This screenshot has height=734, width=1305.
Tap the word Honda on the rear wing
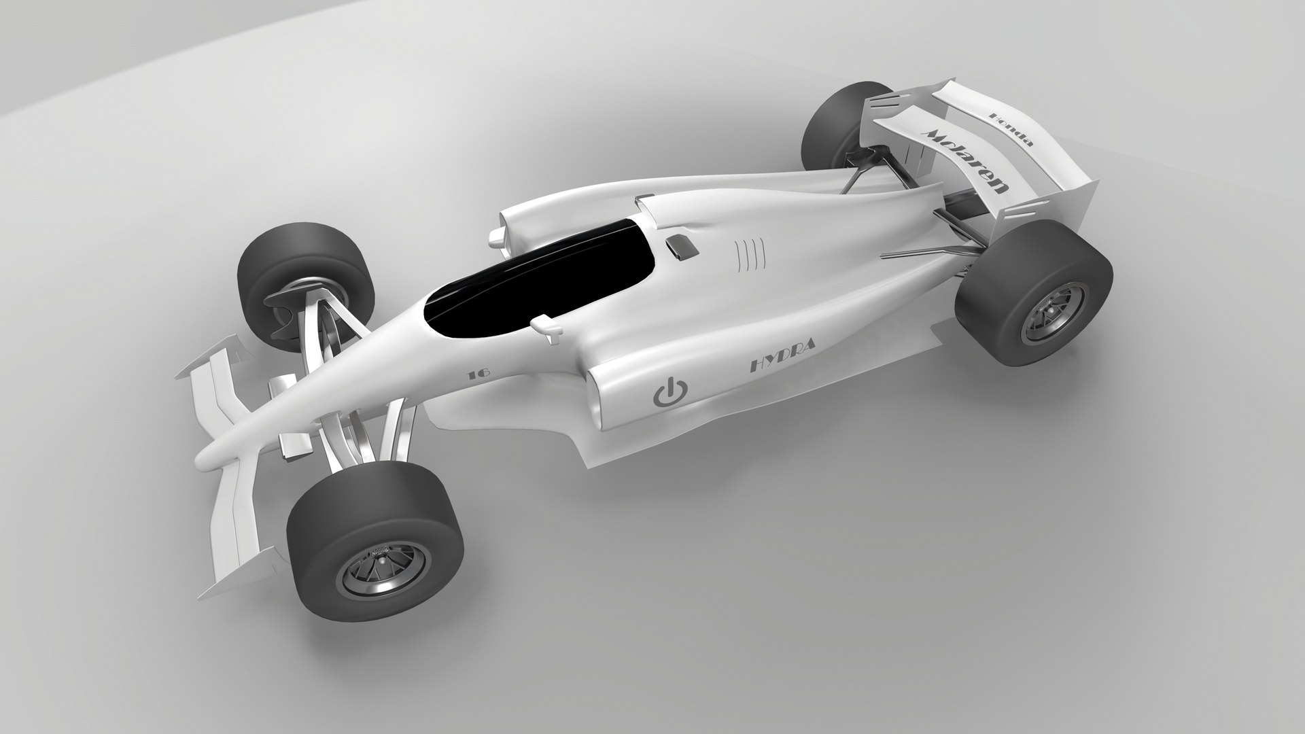pyautogui.click(x=1012, y=129)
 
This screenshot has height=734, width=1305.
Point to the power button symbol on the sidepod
pyautogui.click(x=669, y=393)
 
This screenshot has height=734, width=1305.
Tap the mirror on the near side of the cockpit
pyautogui.click(x=548, y=325)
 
